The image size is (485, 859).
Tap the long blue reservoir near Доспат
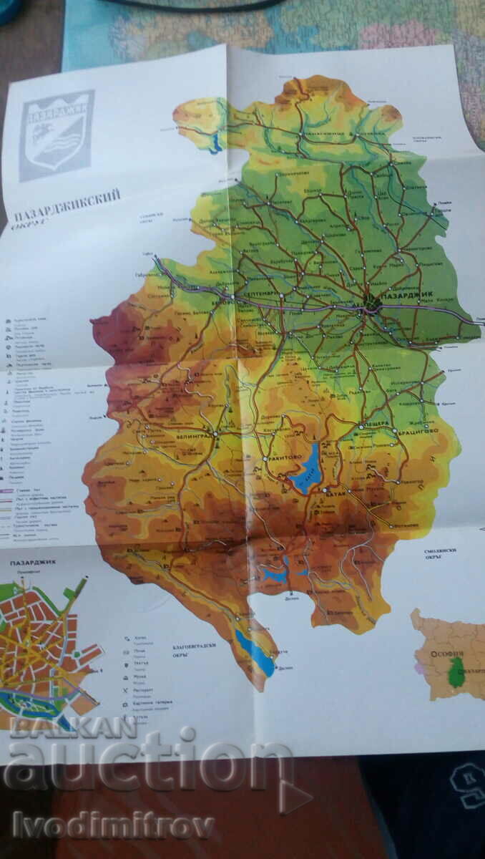[x=255, y=651]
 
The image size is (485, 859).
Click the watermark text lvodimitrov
[x=107, y=825]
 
